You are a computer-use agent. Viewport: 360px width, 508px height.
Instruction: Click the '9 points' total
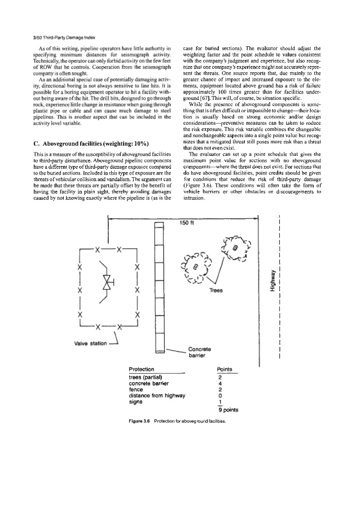pos(227,410)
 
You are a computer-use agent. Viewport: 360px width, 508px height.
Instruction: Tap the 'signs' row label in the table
pos(136,402)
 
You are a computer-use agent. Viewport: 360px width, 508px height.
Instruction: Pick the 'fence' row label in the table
pos(137,389)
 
